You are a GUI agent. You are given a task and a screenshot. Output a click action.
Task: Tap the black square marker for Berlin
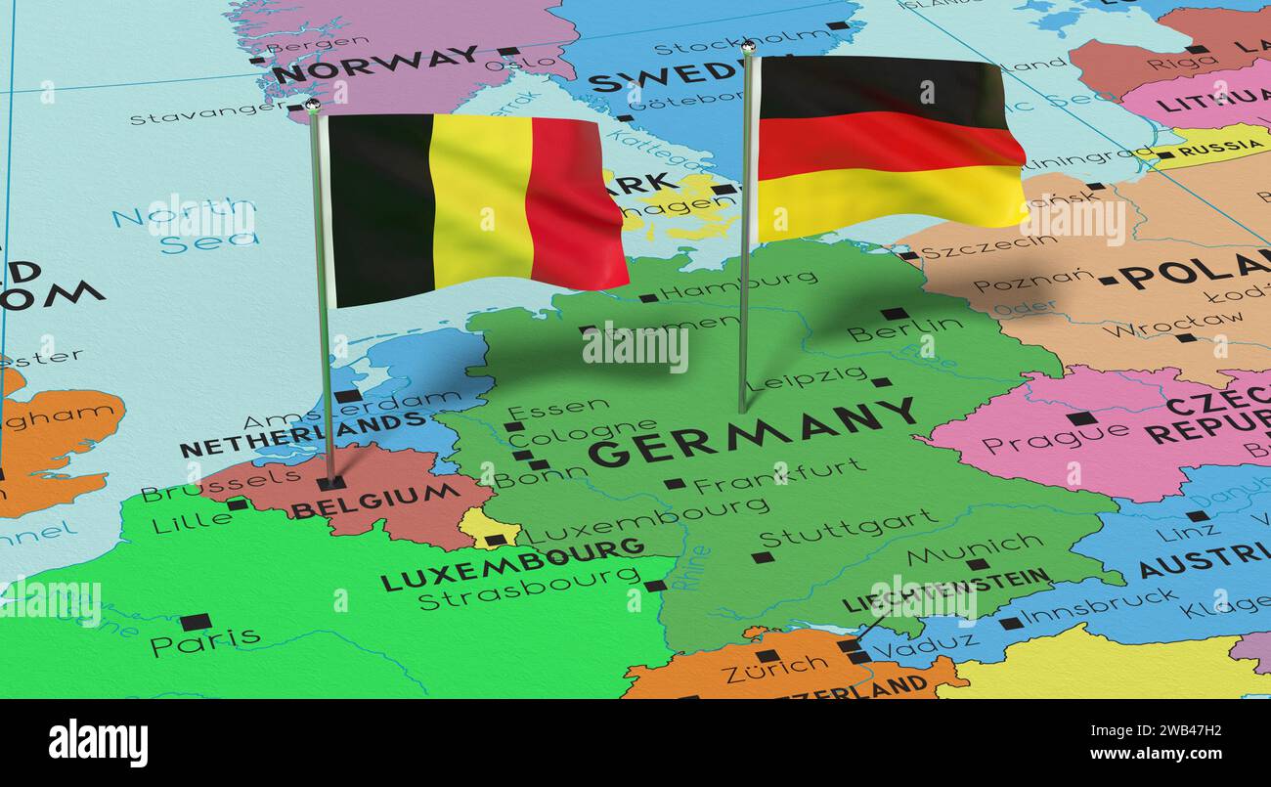click(894, 314)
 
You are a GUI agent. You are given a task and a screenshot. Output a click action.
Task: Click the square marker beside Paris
click(196, 622)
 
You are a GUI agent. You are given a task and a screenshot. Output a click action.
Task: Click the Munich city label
click(960, 549)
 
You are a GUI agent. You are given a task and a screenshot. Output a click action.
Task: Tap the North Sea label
click(186, 226)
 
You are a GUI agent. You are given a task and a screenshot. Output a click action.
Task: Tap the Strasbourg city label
click(529, 590)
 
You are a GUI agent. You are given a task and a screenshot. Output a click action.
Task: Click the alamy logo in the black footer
click(98, 743)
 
